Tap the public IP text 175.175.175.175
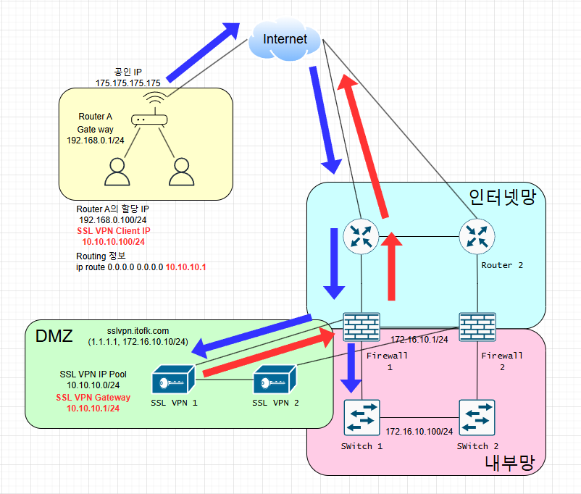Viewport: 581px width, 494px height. [x=128, y=83]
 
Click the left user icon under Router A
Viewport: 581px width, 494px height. [x=116, y=173]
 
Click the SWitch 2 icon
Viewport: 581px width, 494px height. [x=477, y=417]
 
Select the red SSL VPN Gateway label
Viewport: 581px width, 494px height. [x=93, y=398]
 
